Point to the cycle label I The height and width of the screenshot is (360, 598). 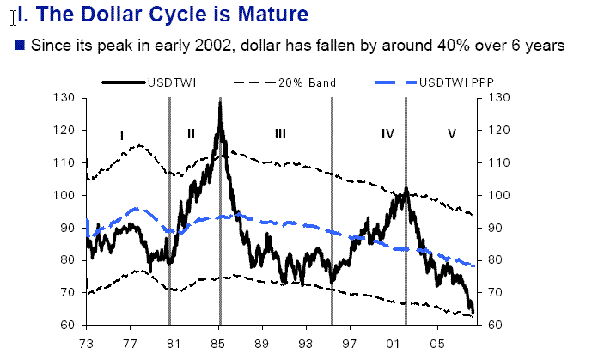(122, 135)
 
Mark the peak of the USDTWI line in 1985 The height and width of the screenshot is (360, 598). (220, 103)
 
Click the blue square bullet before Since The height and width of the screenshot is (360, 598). (20, 44)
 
